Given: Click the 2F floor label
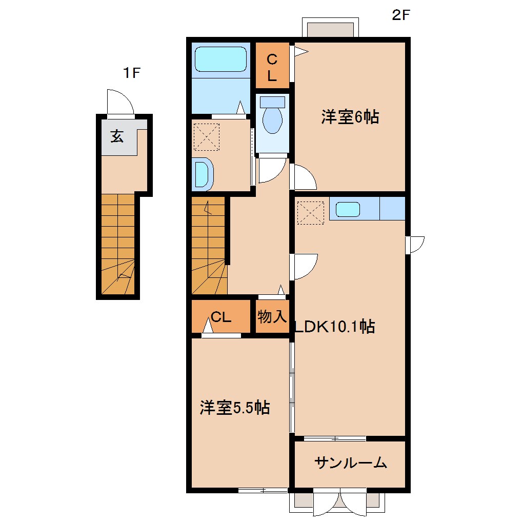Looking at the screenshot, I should (401, 15).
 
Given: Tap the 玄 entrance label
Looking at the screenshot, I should (117, 136).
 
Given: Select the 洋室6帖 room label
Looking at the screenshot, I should (350, 117).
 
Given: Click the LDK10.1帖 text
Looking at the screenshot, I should (334, 326).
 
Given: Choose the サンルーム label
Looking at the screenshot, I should (350, 464).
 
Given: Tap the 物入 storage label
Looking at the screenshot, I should (272, 316).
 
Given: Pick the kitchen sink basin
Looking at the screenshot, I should (348, 210).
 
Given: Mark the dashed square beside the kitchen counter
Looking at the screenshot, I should (311, 212).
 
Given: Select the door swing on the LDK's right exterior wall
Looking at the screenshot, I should (415, 244).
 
